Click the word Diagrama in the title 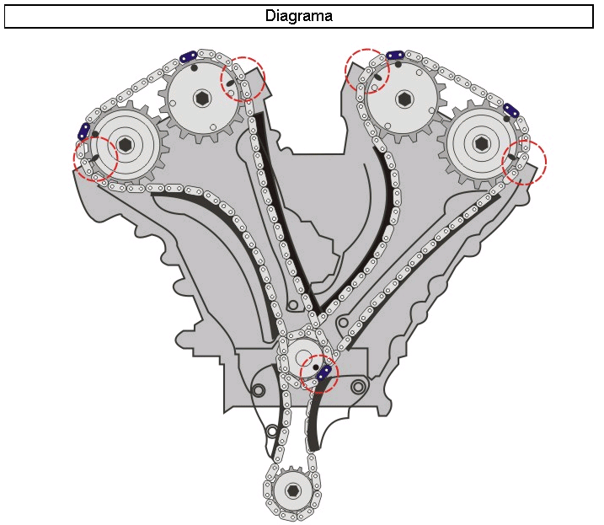click(x=299, y=16)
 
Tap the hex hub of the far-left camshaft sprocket click(x=126, y=145)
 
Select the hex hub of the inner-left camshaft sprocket click(x=202, y=99)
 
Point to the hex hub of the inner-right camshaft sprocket click(x=404, y=99)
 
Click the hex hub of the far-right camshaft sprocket click(x=481, y=143)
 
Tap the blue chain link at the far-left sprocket click(x=83, y=131)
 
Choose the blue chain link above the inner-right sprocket click(x=395, y=56)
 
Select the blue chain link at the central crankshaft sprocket click(x=324, y=372)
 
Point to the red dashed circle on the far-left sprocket click(x=96, y=158)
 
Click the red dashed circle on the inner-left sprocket click(x=243, y=79)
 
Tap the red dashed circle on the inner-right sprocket click(x=367, y=71)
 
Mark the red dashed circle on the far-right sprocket click(x=524, y=161)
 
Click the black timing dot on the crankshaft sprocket click(x=315, y=367)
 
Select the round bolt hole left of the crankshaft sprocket click(x=258, y=389)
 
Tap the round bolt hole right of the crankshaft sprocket click(x=359, y=388)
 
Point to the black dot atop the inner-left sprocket click(x=195, y=68)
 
